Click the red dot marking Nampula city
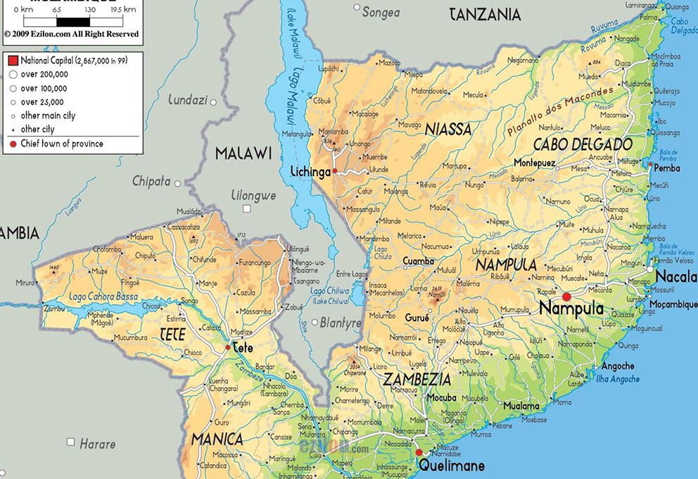(566, 296)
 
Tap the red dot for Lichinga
(336, 170)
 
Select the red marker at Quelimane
(419, 452)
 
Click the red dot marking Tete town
(227, 347)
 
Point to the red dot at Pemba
(649, 168)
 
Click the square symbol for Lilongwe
(247, 209)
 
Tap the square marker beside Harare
(70, 442)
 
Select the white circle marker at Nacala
(650, 268)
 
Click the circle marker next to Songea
(357, 8)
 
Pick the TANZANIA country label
(485, 14)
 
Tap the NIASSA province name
(448, 129)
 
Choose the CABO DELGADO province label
(583, 144)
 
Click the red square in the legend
(13, 61)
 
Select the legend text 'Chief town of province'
(62, 144)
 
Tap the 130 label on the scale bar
(90, 9)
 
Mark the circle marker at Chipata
(178, 183)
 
